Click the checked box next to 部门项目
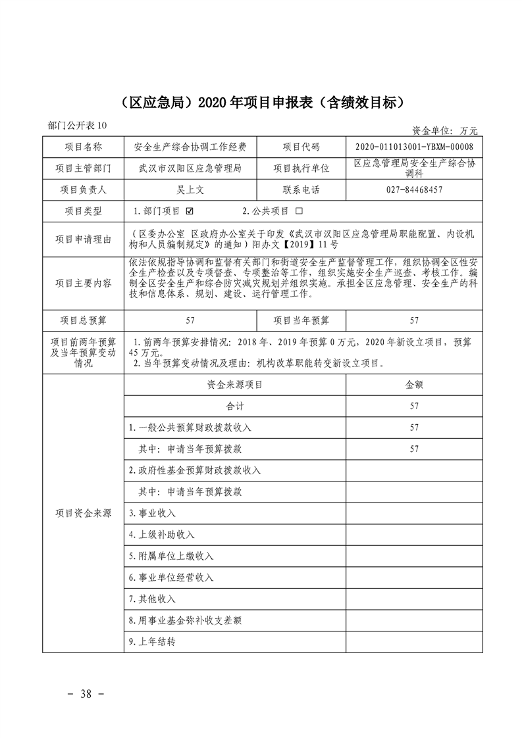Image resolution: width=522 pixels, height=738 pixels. pos(190,212)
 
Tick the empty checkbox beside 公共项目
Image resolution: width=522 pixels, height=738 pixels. pos(299,212)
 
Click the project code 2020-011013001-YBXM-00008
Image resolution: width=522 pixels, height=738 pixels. pos(413,147)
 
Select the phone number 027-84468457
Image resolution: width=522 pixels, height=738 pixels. pos(413,190)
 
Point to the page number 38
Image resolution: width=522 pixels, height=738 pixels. pos(87,694)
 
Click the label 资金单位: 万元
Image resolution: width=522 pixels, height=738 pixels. pos(445,130)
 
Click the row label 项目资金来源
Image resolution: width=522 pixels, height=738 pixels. pos(83,513)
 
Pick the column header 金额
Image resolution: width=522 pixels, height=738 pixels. pos(413,385)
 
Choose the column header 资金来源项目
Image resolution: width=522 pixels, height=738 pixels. pos(234,385)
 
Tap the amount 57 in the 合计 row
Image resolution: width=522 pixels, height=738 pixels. pos(413,406)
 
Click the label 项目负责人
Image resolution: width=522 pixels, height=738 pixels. pos(83,190)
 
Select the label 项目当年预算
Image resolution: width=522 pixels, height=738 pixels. pos(301,320)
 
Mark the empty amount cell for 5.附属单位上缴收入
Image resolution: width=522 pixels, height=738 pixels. pos(413,556)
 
